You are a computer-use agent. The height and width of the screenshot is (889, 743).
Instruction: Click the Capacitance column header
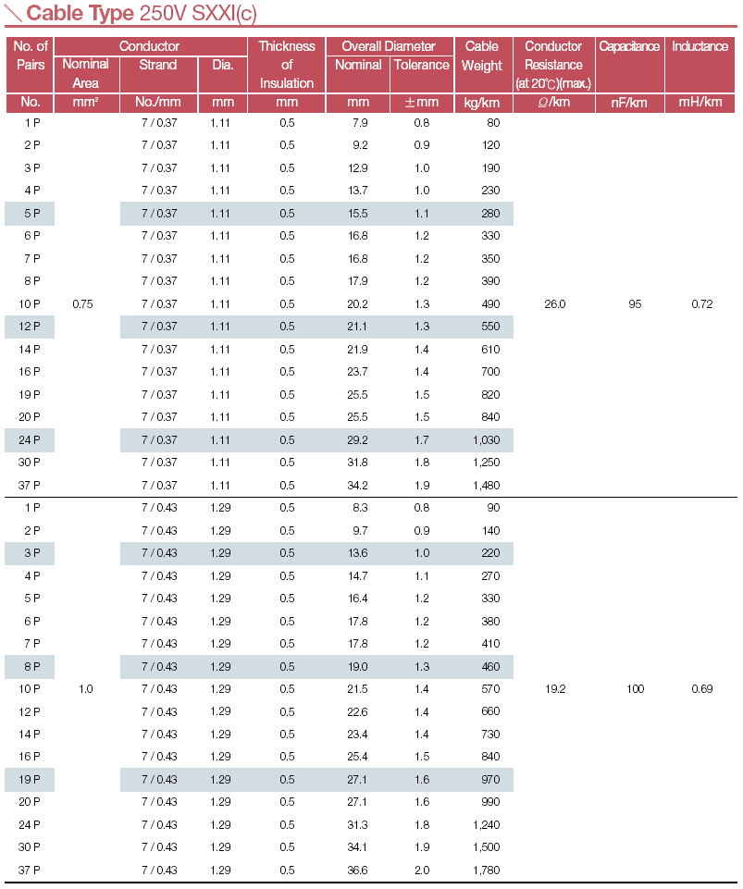point(629,46)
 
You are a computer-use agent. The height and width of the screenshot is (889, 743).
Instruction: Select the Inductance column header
point(700,46)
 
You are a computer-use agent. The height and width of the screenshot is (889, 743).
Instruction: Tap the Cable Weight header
point(482,56)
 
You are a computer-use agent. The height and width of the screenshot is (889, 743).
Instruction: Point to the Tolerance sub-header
point(421,65)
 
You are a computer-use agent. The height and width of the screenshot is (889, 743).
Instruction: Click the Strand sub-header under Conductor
point(158,65)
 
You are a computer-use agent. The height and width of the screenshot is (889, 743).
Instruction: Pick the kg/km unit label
point(482,102)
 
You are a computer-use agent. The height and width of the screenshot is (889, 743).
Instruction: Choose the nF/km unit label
point(629,102)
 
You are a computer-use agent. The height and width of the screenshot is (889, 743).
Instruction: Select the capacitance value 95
point(635,304)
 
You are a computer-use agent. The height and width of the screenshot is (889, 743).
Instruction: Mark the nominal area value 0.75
point(82,304)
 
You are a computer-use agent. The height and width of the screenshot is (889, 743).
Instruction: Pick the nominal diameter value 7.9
point(361,123)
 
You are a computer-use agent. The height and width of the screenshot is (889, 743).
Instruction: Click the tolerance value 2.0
point(421,870)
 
